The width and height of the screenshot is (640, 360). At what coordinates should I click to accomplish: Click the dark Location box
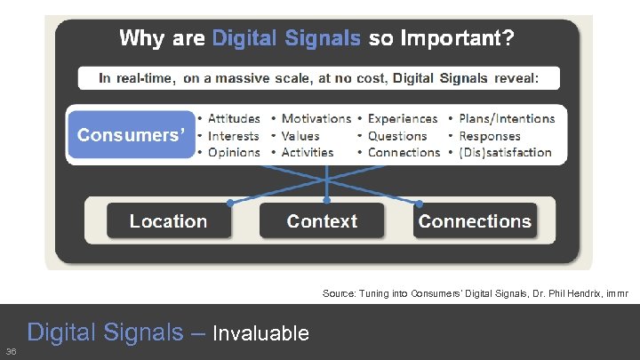(x=168, y=221)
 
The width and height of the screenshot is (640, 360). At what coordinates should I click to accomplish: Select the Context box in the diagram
(x=322, y=221)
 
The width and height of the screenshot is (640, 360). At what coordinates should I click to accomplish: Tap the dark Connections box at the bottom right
(x=475, y=221)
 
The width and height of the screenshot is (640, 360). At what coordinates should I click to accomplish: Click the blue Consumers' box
(x=132, y=135)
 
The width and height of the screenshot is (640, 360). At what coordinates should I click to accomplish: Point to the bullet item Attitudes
(x=234, y=118)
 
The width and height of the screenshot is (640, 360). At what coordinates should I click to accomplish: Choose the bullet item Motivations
(x=316, y=118)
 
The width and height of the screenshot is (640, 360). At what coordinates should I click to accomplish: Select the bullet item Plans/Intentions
(x=507, y=118)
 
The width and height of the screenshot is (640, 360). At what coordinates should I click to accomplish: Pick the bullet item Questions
(x=397, y=136)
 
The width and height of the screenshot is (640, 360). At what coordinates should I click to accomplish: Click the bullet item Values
(x=300, y=136)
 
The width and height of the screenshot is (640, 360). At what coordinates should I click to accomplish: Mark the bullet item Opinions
(x=234, y=152)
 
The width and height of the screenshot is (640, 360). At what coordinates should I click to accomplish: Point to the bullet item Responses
(x=489, y=136)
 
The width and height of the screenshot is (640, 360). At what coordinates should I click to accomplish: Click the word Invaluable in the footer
(x=260, y=334)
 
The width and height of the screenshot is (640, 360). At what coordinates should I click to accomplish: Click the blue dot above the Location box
(x=230, y=203)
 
